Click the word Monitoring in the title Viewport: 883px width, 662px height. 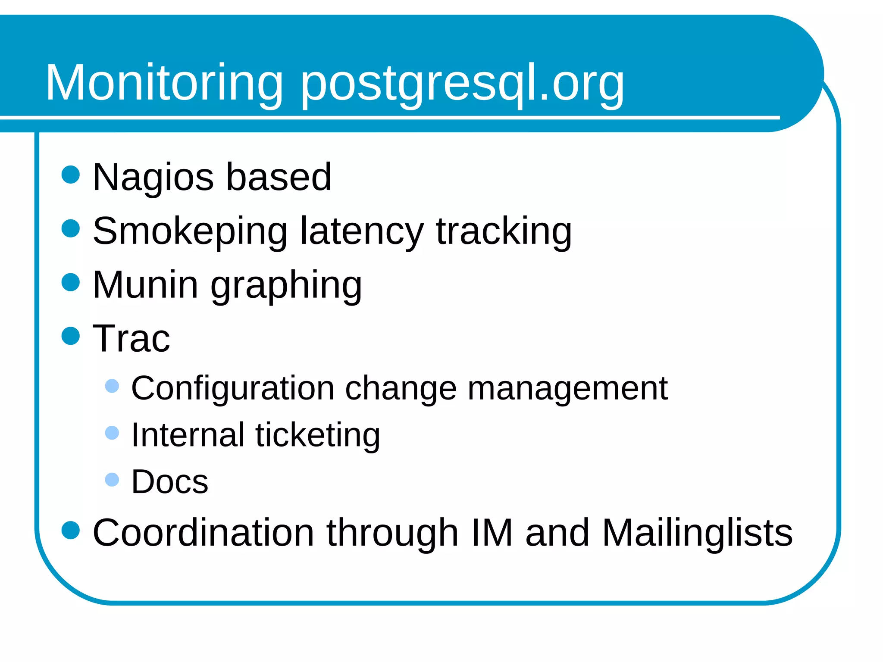pyautogui.click(x=164, y=83)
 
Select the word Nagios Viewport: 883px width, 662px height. pyautogui.click(x=153, y=177)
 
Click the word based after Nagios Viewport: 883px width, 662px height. pyautogui.click(x=279, y=177)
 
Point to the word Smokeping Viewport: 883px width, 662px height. pyautogui.click(x=190, y=231)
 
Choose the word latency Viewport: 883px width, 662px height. pyautogui.click(x=362, y=231)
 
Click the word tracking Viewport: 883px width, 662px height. pyautogui.click(x=504, y=231)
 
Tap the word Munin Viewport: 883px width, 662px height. pyautogui.click(x=145, y=285)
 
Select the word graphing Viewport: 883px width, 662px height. pyautogui.click(x=286, y=286)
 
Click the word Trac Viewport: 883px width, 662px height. pyautogui.click(x=132, y=339)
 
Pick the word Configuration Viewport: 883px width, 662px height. pyautogui.click(x=233, y=388)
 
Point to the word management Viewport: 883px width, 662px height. pyautogui.click(x=567, y=388)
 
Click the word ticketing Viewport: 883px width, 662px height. pyautogui.click(x=318, y=435)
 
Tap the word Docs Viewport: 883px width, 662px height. pyautogui.click(x=170, y=481)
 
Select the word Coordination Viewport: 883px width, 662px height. pyautogui.click(x=204, y=533)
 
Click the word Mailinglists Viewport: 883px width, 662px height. pyautogui.click(x=697, y=533)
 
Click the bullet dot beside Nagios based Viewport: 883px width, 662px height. pyautogui.click(x=71, y=175)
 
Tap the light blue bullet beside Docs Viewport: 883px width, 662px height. pyautogui.click(x=112, y=479)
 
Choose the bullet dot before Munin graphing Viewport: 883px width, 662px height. pyautogui.click(x=71, y=282)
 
